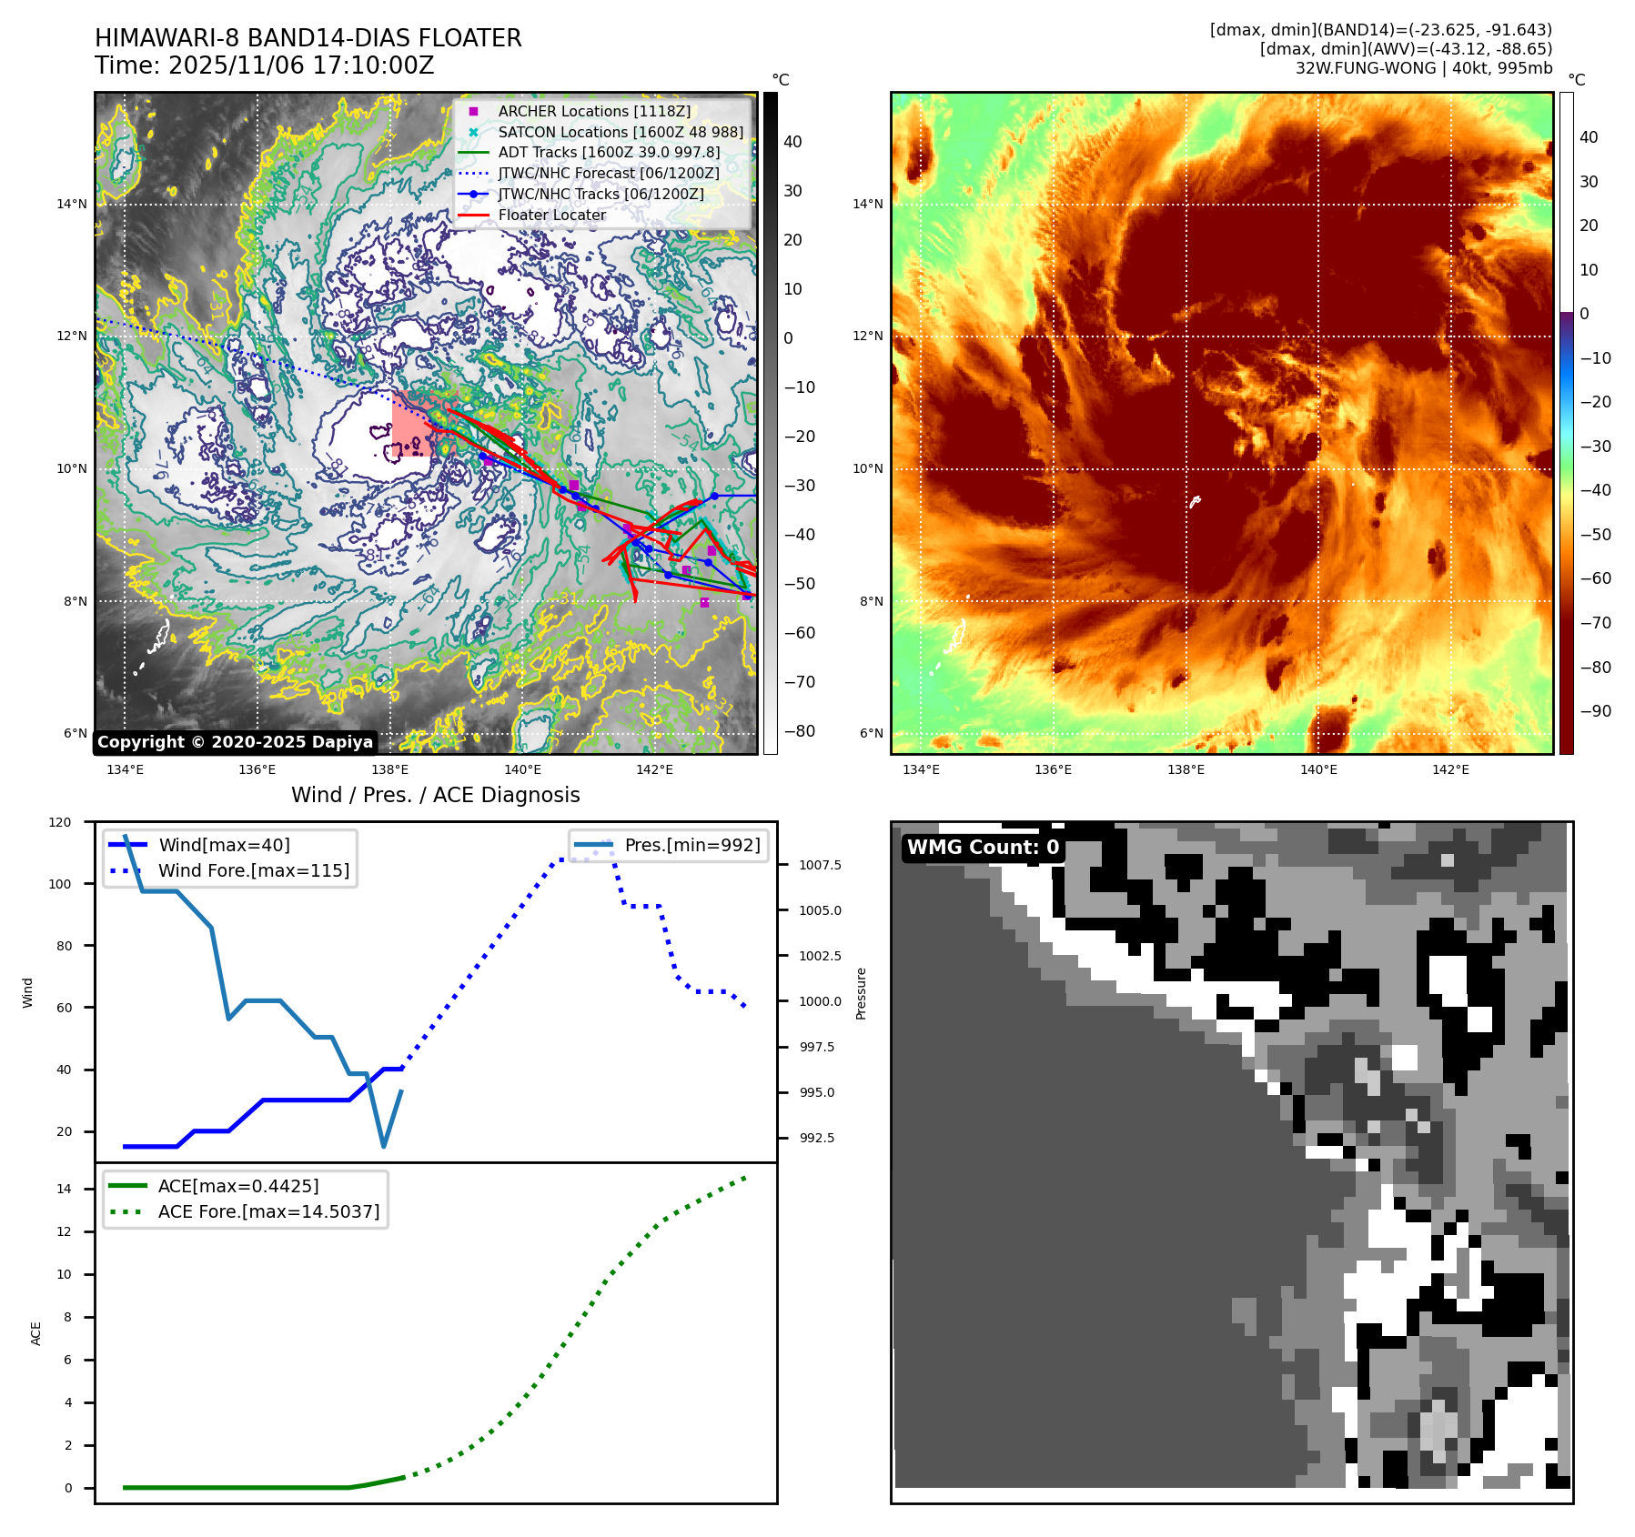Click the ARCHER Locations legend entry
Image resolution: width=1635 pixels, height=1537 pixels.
pos(594,111)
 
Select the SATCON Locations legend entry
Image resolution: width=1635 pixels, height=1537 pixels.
pos(621,132)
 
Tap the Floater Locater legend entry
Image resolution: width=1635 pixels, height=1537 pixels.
pos(551,215)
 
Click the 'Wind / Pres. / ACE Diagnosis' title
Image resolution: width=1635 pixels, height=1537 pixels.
pos(435,795)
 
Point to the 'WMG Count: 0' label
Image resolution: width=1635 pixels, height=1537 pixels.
pos(983,848)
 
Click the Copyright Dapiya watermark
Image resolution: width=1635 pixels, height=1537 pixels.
pos(235,742)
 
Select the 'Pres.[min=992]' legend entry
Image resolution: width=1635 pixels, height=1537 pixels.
pos(691,845)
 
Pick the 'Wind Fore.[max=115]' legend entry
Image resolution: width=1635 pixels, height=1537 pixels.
pos(253,870)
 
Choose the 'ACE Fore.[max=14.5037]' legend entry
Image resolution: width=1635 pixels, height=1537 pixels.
pos(268,1211)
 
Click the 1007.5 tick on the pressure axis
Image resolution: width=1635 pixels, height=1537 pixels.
pos(820,865)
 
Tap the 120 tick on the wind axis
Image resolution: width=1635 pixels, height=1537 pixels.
pos(60,822)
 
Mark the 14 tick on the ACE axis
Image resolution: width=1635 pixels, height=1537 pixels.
pos(64,1189)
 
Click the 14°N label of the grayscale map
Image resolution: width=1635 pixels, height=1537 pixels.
pos(72,204)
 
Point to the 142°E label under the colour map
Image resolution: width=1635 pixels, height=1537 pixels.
pos(1450,769)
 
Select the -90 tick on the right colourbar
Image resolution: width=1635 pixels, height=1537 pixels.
pos(1595,711)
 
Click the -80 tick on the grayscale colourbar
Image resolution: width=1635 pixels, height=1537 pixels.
pos(800,731)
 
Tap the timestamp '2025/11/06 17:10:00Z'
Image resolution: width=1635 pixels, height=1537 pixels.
pos(301,65)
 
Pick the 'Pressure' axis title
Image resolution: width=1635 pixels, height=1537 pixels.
pos(861,993)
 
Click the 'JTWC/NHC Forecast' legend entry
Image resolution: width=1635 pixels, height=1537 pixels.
pos(608,173)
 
